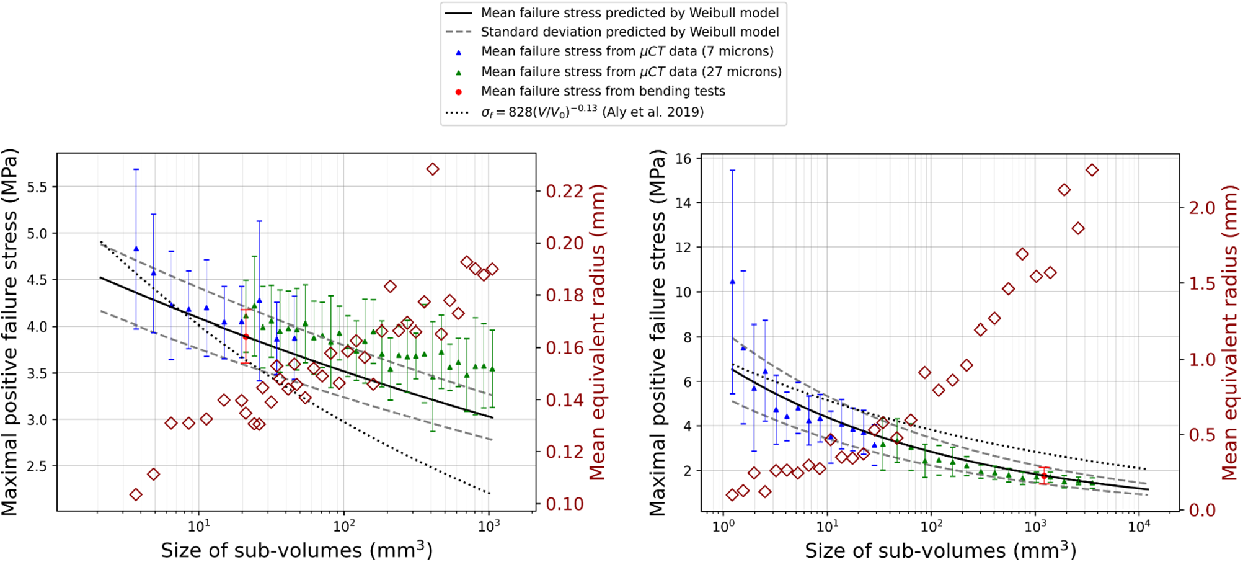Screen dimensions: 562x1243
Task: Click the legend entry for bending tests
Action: coord(603,92)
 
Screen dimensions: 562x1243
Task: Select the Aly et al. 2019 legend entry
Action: coord(592,112)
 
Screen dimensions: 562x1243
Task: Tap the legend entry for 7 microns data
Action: coord(627,51)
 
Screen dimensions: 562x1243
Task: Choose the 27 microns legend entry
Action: coord(630,72)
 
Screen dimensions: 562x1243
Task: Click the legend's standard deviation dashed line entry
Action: coord(629,32)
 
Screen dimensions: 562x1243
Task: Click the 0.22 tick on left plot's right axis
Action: coord(564,191)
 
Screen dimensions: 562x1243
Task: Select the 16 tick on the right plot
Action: coord(683,159)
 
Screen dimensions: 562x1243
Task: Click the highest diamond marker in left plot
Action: coord(433,169)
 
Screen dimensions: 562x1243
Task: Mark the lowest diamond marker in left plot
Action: coord(136,494)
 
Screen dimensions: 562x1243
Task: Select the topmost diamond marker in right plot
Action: coord(1092,170)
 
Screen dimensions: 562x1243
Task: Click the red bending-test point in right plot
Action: coord(1044,476)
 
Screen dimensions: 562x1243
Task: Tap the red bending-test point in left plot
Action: coord(246,337)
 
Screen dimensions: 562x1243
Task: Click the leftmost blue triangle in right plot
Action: coord(732,282)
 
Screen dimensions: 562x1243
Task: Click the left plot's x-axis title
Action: coord(296,550)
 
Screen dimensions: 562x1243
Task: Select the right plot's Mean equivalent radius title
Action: coord(1230,333)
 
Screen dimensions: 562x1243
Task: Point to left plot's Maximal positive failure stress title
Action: coord(10,333)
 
